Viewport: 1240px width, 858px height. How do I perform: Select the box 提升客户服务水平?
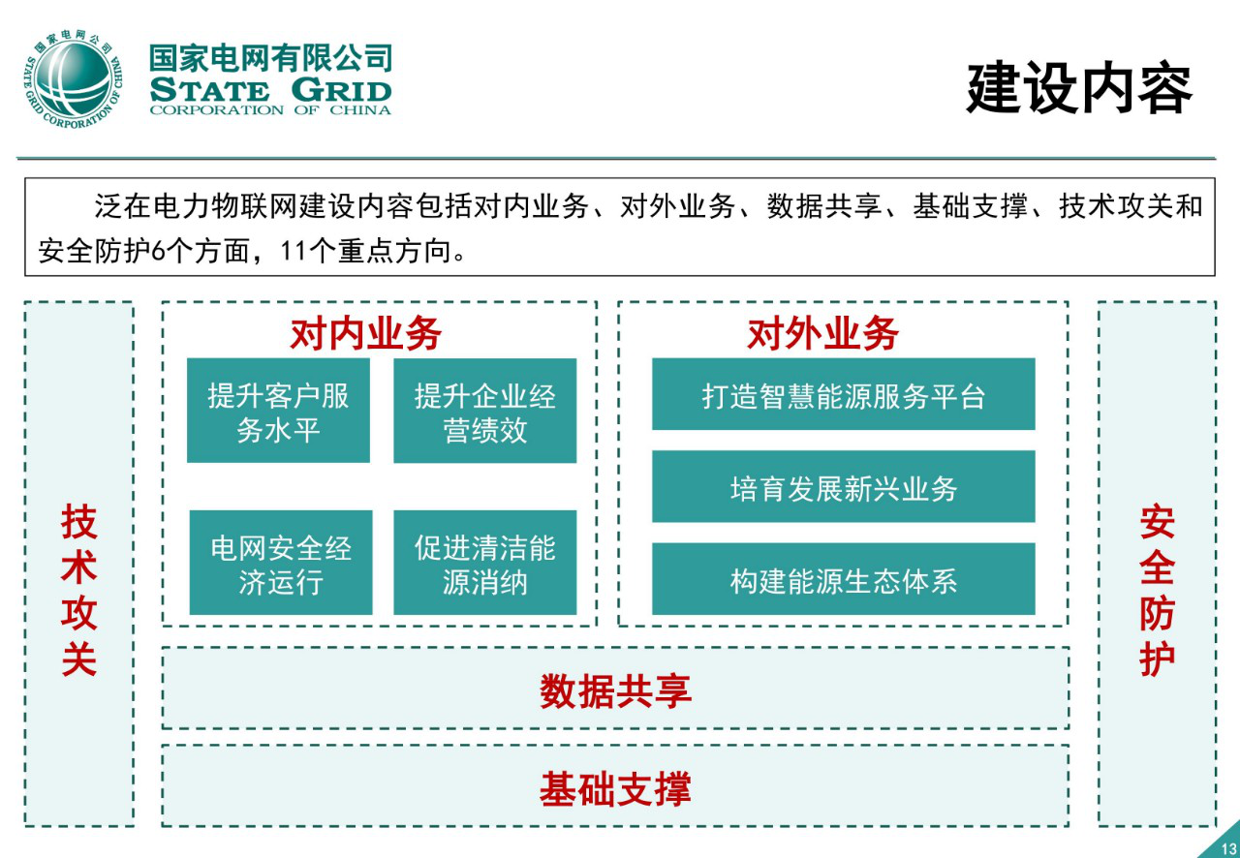(278, 411)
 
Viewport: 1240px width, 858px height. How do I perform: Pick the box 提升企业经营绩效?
(484, 411)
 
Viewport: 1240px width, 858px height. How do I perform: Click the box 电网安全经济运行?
(280, 563)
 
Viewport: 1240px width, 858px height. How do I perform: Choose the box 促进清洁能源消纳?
(484, 563)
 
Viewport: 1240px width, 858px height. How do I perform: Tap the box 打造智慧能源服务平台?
(843, 394)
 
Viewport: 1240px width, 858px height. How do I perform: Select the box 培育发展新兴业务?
(843, 486)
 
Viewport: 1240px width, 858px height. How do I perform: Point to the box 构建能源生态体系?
(843, 579)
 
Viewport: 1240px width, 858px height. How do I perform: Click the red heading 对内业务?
(366, 334)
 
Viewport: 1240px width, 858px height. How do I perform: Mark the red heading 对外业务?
(822, 334)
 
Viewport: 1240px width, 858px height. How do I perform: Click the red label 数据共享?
(615, 690)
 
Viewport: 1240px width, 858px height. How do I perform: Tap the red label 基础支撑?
(615, 788)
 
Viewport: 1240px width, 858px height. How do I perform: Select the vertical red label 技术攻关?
(79, 590)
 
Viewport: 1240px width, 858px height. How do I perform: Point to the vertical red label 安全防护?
(1157, 590)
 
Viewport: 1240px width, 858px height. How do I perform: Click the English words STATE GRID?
(270, 91)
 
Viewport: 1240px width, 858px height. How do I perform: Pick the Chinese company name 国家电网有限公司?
(270, 58)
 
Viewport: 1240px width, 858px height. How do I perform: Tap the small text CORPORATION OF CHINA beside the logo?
(270, 110)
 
